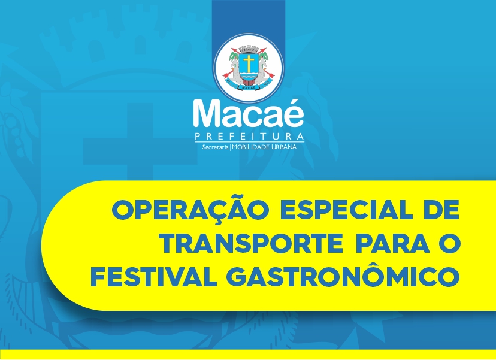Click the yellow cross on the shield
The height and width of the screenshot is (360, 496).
pos(249,63)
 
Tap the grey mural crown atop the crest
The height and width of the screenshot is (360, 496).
pos(249,49)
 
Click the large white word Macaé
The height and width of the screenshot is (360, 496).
pos(249,114)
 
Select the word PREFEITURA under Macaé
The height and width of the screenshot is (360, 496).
pos(249,137)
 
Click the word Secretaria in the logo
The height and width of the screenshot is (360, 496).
pos(215,147)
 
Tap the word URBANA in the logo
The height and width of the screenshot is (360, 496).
pos(284,147)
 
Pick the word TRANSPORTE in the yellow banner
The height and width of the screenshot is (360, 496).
pos(252,243)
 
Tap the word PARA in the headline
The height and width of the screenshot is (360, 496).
pos(393,243)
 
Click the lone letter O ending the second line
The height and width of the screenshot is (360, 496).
pos(449,243)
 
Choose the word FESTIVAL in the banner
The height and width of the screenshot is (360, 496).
pos(154,277)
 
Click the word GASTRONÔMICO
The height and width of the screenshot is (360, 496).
pos(344,274)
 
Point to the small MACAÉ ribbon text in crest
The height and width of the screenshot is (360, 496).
pos(249,87)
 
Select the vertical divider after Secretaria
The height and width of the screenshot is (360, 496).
pos(231,147)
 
